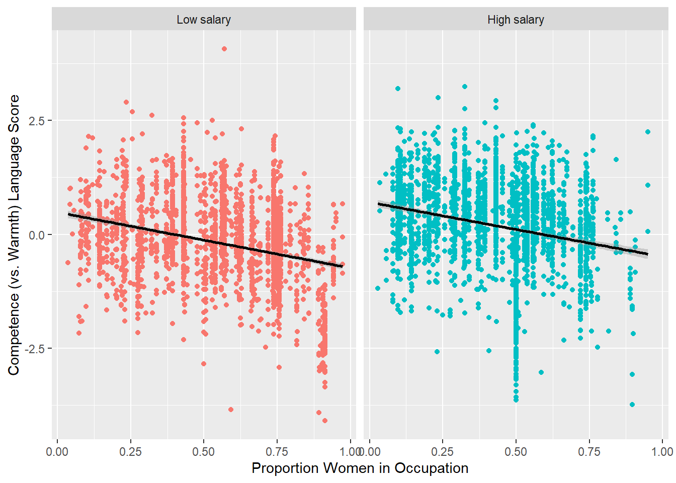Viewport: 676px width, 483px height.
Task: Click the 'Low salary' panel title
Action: (204, 20)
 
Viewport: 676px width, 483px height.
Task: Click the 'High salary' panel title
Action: (516, 20)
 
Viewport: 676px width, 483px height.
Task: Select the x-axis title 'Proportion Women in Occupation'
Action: (360, 468)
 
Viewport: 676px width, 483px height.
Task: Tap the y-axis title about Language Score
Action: (14, 234)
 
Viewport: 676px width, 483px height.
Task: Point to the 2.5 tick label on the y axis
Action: (37, 121)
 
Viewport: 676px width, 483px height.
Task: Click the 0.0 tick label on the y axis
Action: (37, 235)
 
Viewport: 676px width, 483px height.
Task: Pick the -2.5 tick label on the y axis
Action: (35, 349)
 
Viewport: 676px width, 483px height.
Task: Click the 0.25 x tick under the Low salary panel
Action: (130, 452)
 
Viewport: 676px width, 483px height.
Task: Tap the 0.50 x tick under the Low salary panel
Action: (204, 452)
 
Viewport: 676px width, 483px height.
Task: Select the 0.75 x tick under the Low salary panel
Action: (277, 452)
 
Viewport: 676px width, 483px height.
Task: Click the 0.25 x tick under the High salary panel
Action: (443, 452)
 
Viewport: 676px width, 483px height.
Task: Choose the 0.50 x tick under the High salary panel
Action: (516, 452)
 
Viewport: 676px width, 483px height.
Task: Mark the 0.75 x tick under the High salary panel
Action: (589, 452)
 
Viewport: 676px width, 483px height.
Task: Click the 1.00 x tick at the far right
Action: (662, 452)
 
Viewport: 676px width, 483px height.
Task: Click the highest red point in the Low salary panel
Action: (224, 49)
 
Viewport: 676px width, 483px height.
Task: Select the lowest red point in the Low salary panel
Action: (325, 421)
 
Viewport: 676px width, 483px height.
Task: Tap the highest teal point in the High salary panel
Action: (465, 87)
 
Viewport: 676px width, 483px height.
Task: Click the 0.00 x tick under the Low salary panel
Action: (57, 452)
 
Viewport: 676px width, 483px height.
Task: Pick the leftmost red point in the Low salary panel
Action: (68, 263)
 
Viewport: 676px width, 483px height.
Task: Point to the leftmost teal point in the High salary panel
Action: (378, 288)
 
